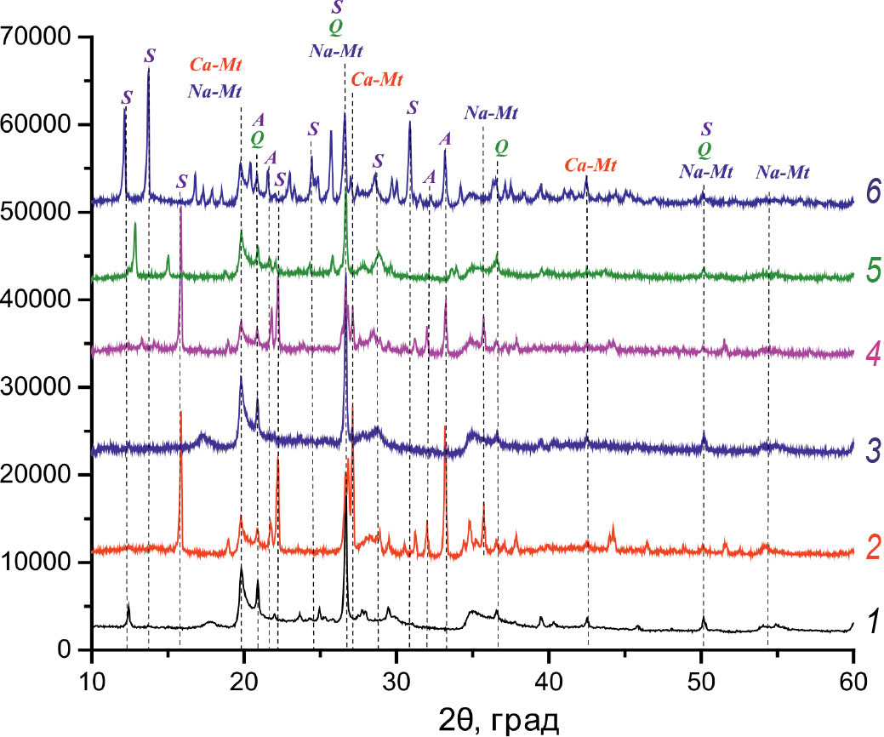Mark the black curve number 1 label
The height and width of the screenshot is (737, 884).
pos(870,625)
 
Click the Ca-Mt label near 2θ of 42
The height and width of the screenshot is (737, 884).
pos(591,165)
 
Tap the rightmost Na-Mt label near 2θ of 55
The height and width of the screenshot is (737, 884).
pos(783,173)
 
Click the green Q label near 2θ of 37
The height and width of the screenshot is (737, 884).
pos(503,146)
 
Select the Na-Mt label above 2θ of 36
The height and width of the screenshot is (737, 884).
pos(491,112)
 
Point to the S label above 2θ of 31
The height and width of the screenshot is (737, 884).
pos(413,107)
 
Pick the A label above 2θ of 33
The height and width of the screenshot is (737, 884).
pos(445,138)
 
